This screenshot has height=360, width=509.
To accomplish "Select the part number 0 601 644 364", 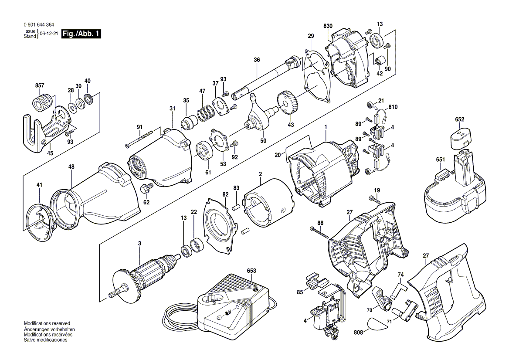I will coord(40,25).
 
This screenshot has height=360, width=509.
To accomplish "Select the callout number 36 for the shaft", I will coord(257,60).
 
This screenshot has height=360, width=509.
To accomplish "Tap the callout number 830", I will coord(328,26).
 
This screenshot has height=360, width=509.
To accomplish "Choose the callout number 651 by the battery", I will coord(440,160).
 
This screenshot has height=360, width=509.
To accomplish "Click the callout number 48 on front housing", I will coord(71,166).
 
